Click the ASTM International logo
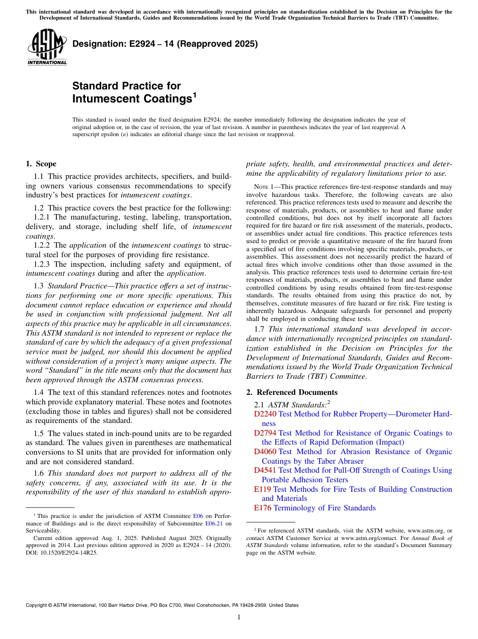coord(47,47)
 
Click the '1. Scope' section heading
coord(41,164)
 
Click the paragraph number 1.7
coord(260,330)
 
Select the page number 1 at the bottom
coord(239,617)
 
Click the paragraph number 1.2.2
coord(43,245)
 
